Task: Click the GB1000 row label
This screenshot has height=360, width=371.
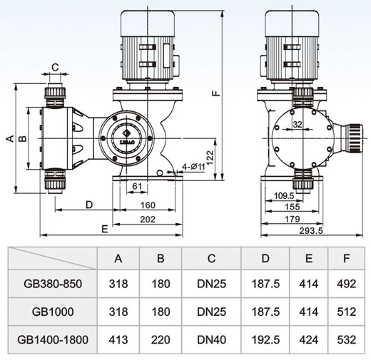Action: click(53, 312)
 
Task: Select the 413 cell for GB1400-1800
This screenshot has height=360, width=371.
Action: click(118, 339)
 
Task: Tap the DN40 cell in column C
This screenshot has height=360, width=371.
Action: click(211, 339)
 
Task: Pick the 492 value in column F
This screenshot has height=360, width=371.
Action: click(347, 284)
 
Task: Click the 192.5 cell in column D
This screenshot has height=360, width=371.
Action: click(265, 339)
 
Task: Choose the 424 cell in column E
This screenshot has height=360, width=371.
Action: click(309, 339)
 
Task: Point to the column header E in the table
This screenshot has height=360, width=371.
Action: click(309, 258)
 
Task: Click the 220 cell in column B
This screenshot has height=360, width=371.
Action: click(161, 339)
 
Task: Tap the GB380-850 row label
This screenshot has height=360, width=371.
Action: click(53, 284)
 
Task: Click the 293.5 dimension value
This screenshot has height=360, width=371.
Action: click(311, 230)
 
